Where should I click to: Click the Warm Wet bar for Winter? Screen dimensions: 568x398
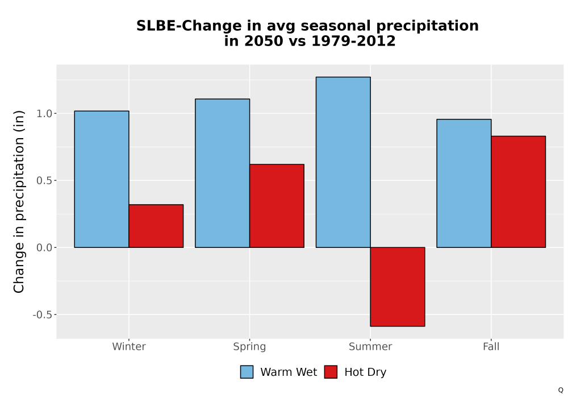tap(102, 179)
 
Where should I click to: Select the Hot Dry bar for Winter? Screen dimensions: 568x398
tap(156, 226)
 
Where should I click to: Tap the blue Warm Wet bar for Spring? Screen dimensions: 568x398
tap(223, 173)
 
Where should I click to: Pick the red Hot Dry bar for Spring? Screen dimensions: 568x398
tap(277, 206)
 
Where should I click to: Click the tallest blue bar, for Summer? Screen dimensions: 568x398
tap(343, 162)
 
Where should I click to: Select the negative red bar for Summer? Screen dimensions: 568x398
tap(398, 287)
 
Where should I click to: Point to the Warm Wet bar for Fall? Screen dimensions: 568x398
tap(464, 184)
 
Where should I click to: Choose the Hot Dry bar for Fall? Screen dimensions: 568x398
tap(519, 192)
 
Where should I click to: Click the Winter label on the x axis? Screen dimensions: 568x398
tap(129, 346)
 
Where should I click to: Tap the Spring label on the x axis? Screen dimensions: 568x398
tap(249, 347)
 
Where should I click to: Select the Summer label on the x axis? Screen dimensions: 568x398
tap(370, 346)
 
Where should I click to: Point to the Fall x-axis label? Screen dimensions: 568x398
tap(491, 346)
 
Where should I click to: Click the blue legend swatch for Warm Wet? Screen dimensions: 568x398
tap(247, 372)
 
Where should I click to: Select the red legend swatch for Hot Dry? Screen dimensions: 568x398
tap(331, 372)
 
